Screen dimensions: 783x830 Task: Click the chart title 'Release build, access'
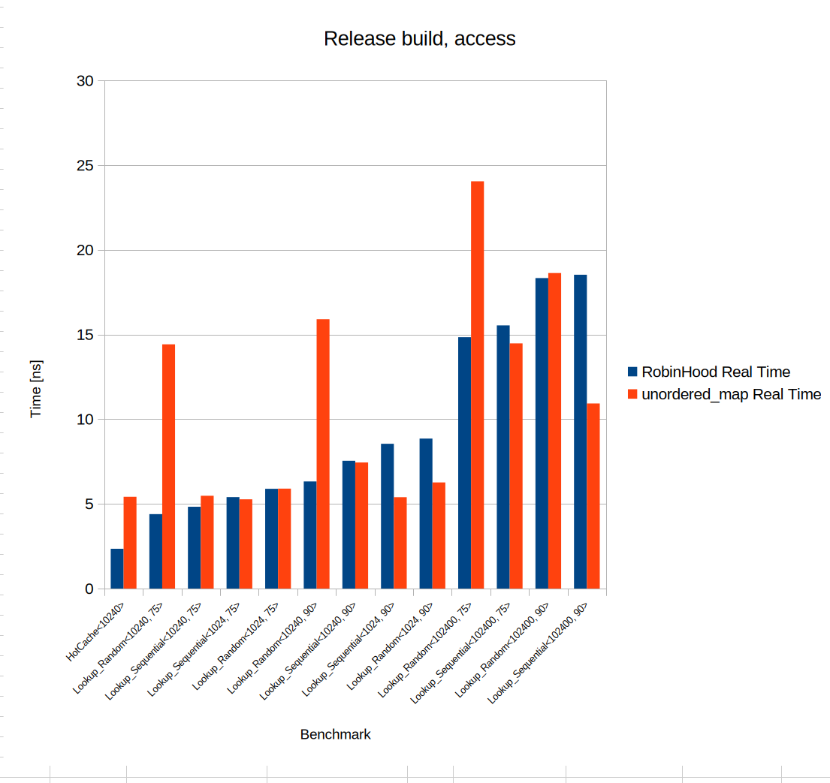419,39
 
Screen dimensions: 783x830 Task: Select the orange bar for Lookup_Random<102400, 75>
477,384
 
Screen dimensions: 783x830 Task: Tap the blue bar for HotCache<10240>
116,568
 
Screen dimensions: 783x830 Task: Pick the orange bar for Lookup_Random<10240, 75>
168,465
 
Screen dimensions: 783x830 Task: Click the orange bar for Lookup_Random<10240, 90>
323,453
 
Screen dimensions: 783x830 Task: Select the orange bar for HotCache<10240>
130,542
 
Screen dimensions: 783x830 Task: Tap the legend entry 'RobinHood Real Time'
715,372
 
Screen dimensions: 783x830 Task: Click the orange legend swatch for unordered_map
632,394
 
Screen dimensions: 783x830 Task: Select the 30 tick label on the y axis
85,81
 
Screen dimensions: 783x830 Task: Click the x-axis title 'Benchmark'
335,734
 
